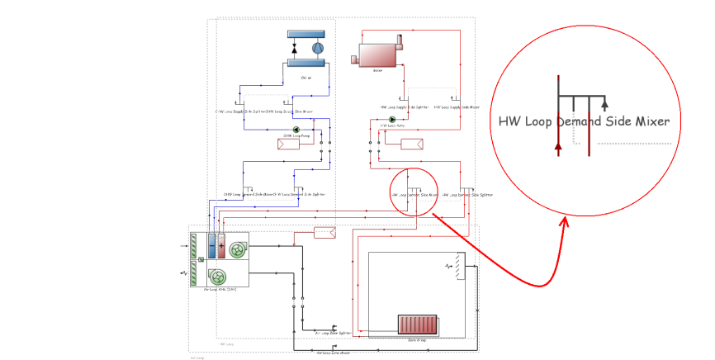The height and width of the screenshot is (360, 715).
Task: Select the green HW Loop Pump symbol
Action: (x=392, y=120)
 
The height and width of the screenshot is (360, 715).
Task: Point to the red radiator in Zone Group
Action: (x=422, y=324)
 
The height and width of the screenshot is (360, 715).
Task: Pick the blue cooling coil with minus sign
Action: (x=212, y=246)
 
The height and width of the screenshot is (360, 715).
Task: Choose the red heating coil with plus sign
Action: (x=221, y=246)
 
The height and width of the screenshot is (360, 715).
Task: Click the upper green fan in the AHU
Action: (x=237, y=247)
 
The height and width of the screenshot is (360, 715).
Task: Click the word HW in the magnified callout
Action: (x=509, y=121)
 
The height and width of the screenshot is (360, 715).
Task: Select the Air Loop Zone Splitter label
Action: (x=334, y=334)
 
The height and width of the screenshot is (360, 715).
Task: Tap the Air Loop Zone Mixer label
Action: (x=334, y=352)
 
